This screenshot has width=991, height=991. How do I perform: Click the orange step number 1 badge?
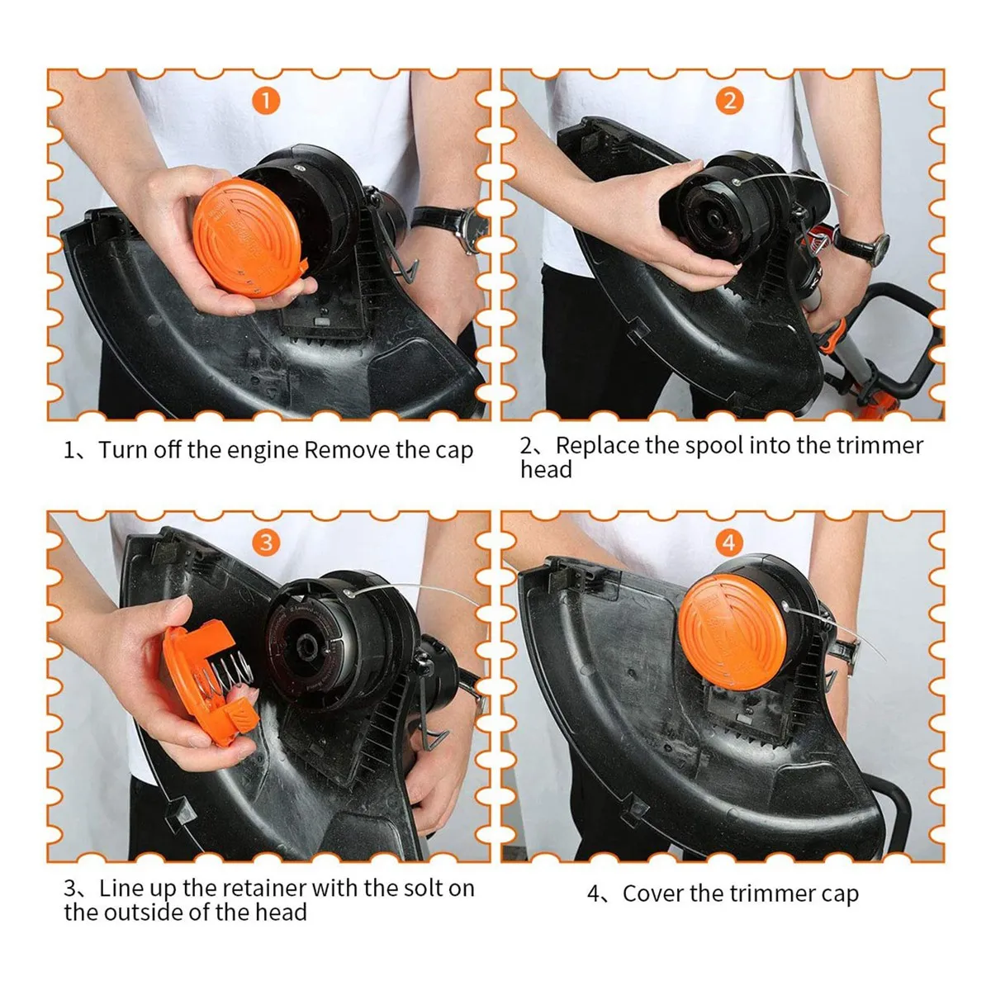265,101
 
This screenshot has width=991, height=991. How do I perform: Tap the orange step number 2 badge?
729,101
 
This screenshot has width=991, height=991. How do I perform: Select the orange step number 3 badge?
266,543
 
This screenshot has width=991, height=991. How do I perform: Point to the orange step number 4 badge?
728,543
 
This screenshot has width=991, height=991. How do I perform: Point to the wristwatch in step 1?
452,226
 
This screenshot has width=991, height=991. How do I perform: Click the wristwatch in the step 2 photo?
862,246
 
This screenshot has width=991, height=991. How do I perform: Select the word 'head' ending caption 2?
546,469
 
